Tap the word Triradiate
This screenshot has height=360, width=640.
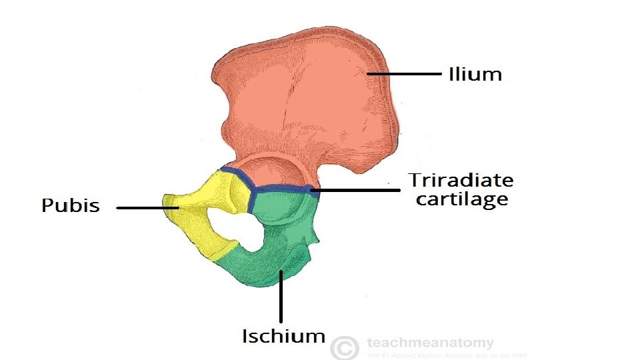461,180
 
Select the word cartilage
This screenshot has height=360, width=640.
461,199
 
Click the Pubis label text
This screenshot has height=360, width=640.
71,206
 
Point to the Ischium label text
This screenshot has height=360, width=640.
283,336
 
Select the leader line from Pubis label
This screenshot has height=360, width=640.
147,208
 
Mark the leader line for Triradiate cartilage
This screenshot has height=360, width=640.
357,190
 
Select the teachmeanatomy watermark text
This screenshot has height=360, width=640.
430,343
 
